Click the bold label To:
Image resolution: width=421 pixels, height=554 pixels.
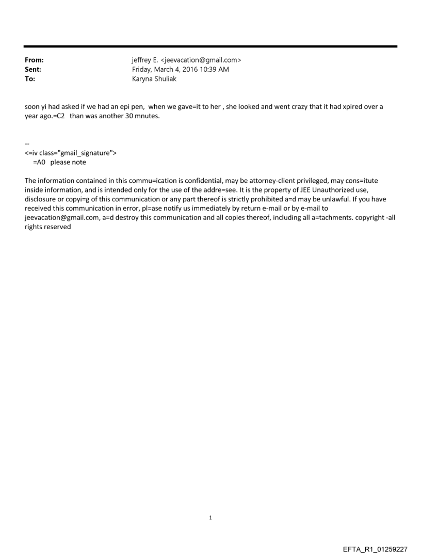[x=30, y=78]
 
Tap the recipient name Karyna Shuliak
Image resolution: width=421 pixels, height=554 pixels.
[x=154, y=78]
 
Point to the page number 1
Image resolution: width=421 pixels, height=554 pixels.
[x=211, y=517]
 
